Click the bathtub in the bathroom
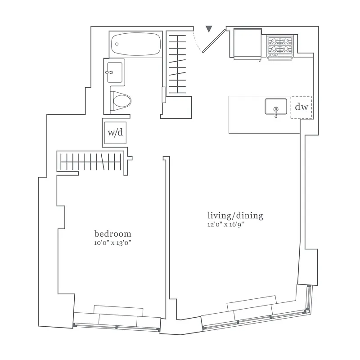coord(135,44)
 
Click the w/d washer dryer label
coord(115,133)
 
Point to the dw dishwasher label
coord(301,108)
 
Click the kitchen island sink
coord(275,107)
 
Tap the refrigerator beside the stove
coord(247,43)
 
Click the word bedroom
coord(112,234)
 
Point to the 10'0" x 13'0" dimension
coord(112,243)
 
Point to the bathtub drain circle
coord(117,44)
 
